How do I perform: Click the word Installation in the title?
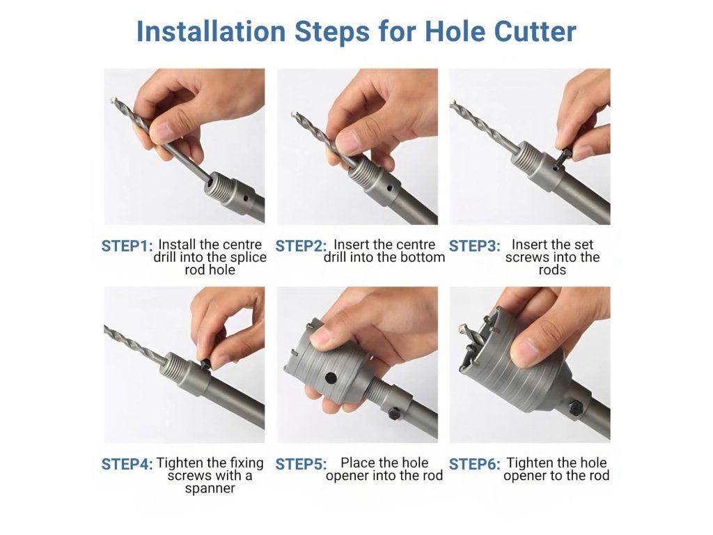211,31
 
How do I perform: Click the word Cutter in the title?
535,31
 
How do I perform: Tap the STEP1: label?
127,246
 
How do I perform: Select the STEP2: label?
301,246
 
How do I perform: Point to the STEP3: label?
475,246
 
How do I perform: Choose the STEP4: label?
127,465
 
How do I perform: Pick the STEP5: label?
301,465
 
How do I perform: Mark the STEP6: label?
475,465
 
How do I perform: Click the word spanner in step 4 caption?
210,489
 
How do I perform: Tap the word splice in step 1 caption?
248,258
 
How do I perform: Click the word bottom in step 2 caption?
421,258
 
